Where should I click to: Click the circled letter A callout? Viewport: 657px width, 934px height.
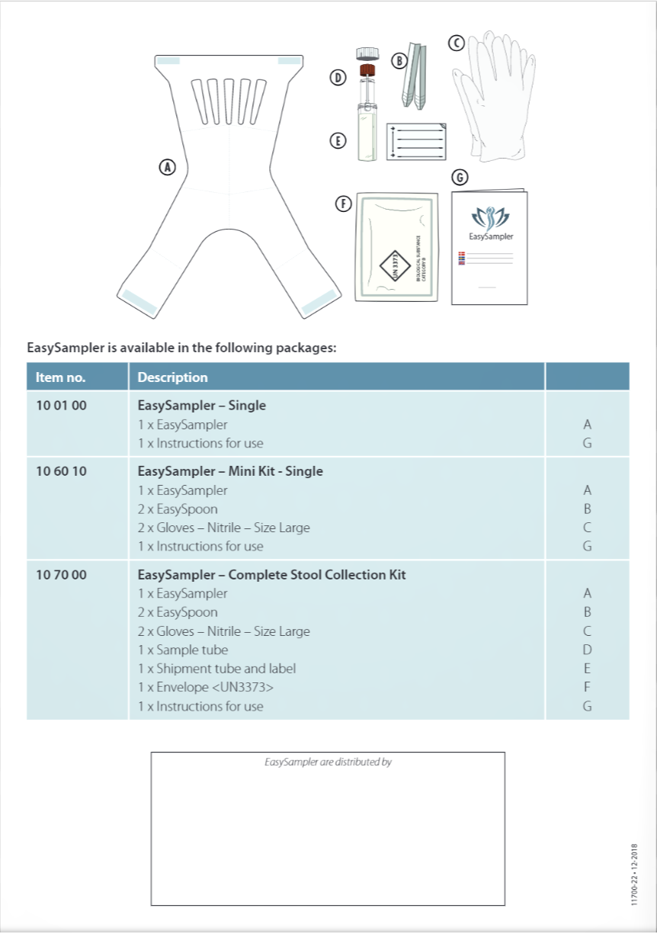pyautogui.click(x=167, y=167)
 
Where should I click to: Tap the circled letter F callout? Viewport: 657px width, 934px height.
pyautogui.click(x=345, y=204)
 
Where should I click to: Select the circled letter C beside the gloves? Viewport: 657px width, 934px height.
pyautogui.click(x=457, y=43)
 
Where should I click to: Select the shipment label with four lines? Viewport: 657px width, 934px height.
pyautogui.click(x=415, y=142)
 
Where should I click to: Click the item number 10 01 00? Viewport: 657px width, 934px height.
pyautogui.click(x=61, y=406)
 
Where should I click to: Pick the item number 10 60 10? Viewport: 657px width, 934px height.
pyautogui.click(x=61, y=471)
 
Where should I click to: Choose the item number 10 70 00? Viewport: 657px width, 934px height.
pyautogui.click(x=61, y=575)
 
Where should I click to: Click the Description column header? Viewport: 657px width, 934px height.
pyautogui.click(x=173, y=377)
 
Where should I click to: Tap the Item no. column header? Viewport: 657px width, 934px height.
pyautogui.click(x=61, y=377)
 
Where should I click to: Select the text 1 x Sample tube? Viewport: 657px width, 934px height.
pyautogui.click(x=183, y=650)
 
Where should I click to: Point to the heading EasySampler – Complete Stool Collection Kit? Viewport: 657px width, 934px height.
pyautogui.click(x=271, y=575)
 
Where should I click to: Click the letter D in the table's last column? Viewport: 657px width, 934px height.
pyautogui.click(x=587, y=650)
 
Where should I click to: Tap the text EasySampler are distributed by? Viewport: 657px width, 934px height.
pyautogui.click(x=328, y=762)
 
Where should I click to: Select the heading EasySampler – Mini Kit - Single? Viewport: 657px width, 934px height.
pyautogui.click(x=230, y=471)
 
